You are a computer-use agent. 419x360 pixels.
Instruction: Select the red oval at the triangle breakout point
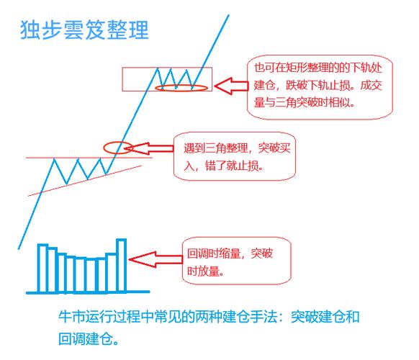click(x=117, y=148)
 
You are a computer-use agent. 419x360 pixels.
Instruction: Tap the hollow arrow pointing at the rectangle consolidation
click(x=229, y=87)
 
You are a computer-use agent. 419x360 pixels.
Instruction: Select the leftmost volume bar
click(x=42, y=268)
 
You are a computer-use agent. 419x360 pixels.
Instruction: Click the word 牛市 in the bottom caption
click(x=70, y=316)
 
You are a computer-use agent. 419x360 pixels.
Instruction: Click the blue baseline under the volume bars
click(x=86, y=292)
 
